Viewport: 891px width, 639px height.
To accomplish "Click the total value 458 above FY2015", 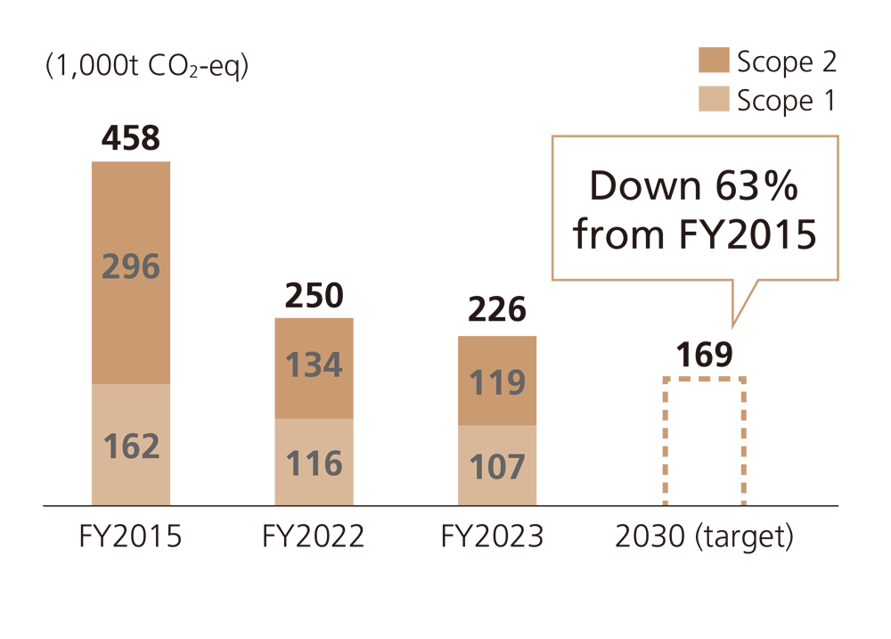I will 130,138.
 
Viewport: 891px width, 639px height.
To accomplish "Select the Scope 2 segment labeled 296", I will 130,267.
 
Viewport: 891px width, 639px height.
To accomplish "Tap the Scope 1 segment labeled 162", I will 130,446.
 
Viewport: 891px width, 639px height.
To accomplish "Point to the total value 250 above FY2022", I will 314,296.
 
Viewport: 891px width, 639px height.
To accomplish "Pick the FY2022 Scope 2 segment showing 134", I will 314,365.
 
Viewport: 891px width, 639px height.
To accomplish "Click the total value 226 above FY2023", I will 496,312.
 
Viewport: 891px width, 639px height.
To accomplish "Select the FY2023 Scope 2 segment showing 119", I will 496,382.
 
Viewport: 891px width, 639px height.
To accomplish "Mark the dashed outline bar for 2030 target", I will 704,442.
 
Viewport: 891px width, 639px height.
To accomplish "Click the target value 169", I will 703,355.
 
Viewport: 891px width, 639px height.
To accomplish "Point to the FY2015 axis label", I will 130,537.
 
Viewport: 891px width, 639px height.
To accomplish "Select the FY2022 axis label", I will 314,537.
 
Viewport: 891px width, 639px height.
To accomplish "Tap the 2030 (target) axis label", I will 703,537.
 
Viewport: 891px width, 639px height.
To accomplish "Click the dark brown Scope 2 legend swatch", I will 714,61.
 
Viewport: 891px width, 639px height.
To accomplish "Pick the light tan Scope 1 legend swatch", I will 714,100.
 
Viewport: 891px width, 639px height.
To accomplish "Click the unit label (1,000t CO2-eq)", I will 146,68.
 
